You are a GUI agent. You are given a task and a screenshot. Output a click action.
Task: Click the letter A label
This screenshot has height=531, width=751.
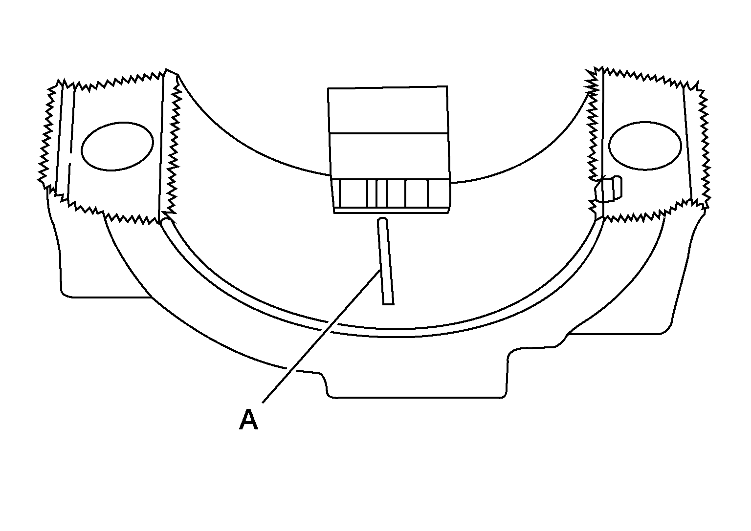(248, 419)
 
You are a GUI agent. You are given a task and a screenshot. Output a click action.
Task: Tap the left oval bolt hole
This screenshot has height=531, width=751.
(117, 147)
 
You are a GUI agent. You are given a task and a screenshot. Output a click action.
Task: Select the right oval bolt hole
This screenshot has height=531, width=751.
(645, 146)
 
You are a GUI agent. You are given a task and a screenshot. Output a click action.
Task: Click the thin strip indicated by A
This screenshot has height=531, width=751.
(386, 261)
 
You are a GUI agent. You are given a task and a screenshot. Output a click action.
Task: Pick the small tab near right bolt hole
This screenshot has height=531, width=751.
(609, 189)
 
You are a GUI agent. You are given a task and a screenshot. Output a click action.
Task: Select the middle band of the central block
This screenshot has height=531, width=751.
(389, 156)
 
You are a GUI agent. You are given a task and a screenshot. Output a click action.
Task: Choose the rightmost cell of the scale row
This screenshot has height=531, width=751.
(439, 193)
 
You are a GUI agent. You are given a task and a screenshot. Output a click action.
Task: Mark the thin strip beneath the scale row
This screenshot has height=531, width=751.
(391, 211)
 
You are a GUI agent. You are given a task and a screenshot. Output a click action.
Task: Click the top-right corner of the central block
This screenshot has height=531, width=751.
(447, 86)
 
